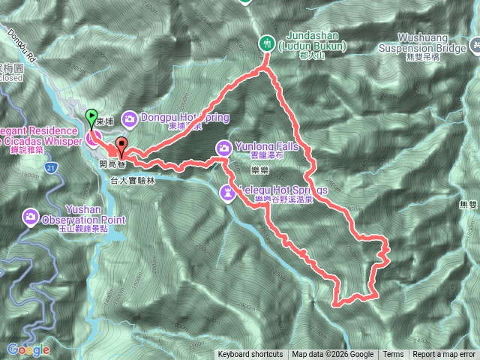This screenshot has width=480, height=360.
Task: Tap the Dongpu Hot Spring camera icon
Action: click(130, 118)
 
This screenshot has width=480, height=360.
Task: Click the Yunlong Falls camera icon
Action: click(224, 146)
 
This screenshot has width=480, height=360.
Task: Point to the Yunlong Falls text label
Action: click(262, 146)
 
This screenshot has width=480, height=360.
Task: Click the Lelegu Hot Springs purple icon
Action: click(227, 193)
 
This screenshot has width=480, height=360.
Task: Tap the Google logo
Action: click(28, 349)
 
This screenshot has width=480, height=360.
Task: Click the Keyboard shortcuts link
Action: click(250, 355)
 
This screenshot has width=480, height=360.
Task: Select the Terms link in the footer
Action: click(393, 355)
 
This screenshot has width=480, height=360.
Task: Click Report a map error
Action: click(444, 355)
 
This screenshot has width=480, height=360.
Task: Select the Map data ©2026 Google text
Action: click(333, 355)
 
